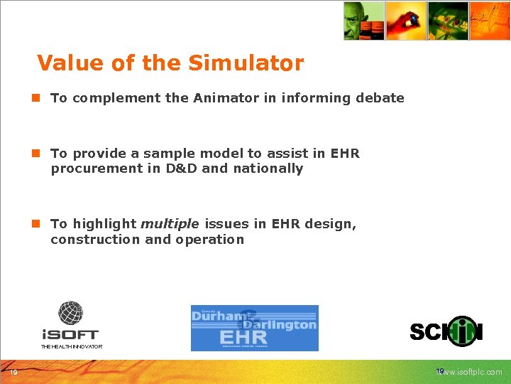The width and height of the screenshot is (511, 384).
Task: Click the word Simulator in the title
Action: click(246, 63)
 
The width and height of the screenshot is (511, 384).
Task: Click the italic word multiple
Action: click(170, 224)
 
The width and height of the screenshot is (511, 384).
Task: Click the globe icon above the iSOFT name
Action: click(70, 313)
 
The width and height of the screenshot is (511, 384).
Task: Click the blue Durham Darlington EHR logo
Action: click(254, 328)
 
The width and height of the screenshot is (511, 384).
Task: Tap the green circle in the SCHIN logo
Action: click(463, 331)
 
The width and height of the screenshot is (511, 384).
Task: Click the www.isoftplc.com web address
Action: click(473, 372)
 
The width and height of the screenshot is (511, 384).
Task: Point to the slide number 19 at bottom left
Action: click(13, 372)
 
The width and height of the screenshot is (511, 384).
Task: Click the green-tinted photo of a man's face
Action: click(364, 21)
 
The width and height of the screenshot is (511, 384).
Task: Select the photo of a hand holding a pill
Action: click(406, 21)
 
